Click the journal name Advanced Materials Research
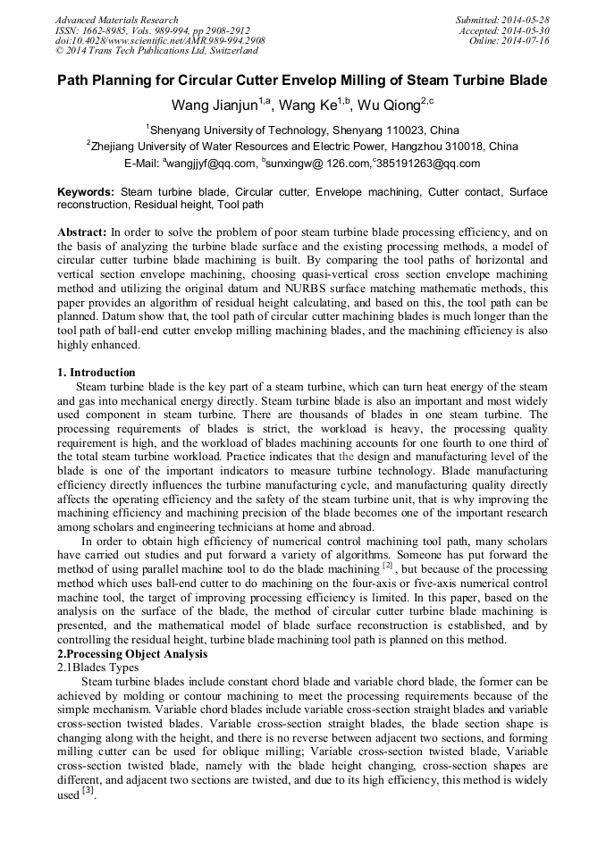click(x=116, y=20)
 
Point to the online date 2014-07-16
click(x=527, y=41)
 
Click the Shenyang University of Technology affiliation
click(x=304, y=130)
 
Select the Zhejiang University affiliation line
click(x=302, y=147)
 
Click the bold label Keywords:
click(x=86, y=192)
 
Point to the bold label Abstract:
click(x=81, y=231)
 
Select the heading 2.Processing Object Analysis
click(x=132, y=654)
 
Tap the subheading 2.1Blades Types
click(x=97, y=668)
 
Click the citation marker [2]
click(x=388, y=566)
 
